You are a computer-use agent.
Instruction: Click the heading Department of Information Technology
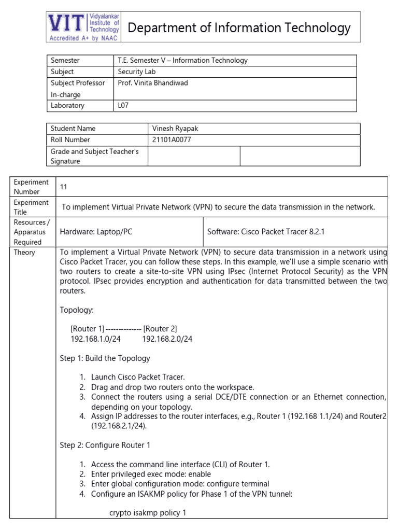239,27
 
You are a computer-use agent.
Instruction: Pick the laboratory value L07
123,106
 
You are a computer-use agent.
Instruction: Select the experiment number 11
64,187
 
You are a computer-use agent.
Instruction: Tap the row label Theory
24,253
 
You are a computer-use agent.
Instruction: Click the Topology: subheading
77,310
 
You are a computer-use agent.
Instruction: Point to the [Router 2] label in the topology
160,329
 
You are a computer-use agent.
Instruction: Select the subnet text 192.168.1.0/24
95,339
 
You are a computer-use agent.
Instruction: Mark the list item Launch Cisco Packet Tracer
137,377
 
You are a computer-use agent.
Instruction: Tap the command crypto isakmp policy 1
147,513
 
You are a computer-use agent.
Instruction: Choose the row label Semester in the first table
65,60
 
